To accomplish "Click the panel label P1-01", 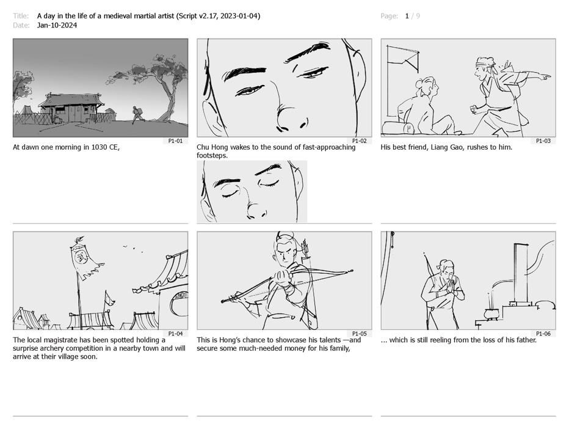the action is [175, 141].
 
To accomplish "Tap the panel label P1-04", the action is [175, 334].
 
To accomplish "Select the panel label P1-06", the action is [543, 334].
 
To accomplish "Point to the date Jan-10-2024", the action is [57, 25].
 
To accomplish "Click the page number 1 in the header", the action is [407, 16].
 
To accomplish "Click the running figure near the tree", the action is [137, 114].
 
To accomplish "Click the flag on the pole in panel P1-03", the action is [404, 58].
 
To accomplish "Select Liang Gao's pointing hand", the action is [545, 76].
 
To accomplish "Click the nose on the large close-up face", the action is [291, 117].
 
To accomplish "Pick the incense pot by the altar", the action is [491, 312].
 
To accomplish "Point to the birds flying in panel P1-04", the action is [132, 248].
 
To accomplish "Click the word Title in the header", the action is [21, 16].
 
